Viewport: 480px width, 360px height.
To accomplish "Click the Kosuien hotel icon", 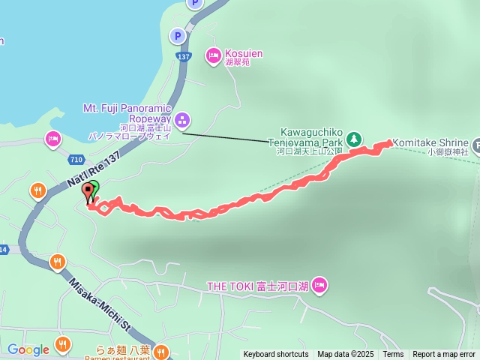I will (214, 54).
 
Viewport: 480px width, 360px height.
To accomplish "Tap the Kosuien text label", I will (244, 54).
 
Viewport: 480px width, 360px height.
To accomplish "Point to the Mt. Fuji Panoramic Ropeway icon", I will (182, 120).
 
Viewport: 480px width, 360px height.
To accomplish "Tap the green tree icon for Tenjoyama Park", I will (354, 138).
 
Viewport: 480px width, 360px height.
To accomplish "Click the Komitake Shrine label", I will (430, 142).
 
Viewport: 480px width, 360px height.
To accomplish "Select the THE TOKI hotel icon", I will (320, 285).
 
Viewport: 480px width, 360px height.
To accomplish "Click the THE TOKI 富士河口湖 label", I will (258, 286).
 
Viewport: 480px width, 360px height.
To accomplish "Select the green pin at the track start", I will (94, 190).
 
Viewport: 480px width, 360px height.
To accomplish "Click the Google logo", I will (28, 349).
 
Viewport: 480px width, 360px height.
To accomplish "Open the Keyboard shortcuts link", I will (275, 355).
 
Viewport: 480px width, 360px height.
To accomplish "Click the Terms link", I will (393, 355).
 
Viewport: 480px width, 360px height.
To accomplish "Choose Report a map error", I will (444, 355).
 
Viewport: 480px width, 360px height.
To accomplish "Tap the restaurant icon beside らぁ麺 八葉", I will (161, 351).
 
